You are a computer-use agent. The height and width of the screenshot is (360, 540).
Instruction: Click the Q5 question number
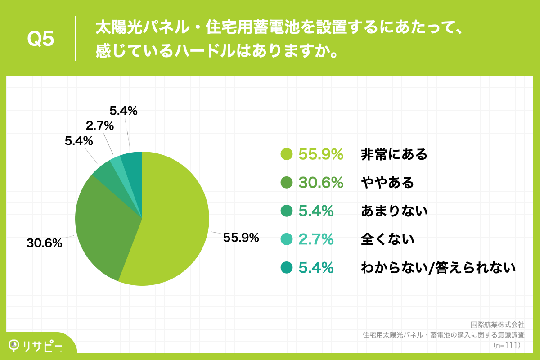pyautogui.click(x=40, y=39)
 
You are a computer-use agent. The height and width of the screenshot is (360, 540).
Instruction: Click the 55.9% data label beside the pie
pyautogui.click(x=241, y=238)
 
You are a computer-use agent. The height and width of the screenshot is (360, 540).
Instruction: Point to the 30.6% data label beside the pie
pyautogui.click(x=44, y=243)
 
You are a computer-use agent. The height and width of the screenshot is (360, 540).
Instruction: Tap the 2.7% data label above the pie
pyautogui.click(x=100, y=126)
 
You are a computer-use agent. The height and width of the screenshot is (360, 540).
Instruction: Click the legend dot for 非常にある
pyautogui.click(x=287, y=154)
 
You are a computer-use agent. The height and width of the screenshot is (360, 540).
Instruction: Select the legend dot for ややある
pyautogui.click(x=287, y=183)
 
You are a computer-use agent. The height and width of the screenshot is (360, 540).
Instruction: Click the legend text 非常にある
pyautogui.click(x=394, y=155)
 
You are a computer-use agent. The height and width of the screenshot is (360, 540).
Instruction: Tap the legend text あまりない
pyautogui.click(x=394, y=211)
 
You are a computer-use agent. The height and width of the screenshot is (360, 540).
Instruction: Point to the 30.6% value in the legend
pyautogui.click(x=321, y=183)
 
